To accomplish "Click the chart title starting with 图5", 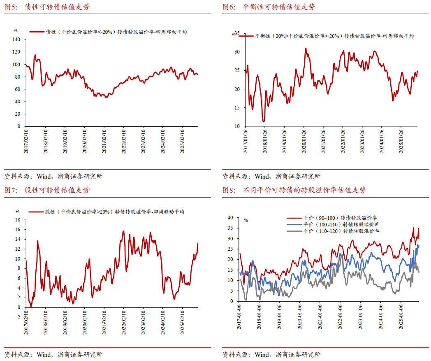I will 47,7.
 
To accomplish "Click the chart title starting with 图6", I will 269,7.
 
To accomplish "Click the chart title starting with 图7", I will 47,190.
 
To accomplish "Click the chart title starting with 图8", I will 294,190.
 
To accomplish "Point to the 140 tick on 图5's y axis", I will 16,40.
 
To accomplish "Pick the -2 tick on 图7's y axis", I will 17,317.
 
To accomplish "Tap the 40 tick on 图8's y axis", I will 230,217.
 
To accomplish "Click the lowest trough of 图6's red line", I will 263,121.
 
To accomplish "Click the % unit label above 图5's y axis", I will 16,30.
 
